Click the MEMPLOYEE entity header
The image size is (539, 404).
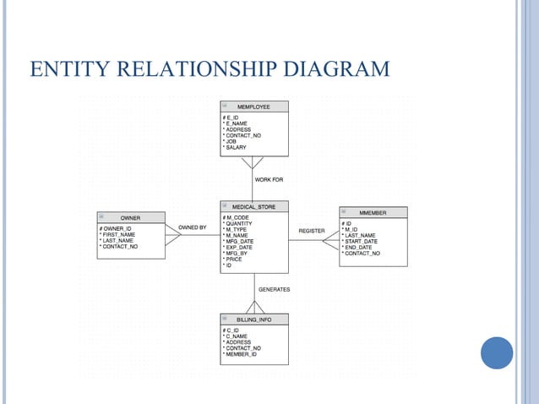254,106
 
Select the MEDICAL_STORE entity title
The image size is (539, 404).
254,206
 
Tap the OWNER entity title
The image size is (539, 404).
130,217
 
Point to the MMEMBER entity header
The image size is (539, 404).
373,213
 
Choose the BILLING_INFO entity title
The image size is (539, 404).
254,319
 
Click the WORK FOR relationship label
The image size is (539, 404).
269,179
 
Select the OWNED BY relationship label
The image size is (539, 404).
193,227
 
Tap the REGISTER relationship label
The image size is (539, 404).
312,231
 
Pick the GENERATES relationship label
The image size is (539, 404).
274,289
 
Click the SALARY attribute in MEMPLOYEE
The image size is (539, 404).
237,148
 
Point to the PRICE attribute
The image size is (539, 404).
234,259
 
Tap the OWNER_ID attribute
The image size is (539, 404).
116,228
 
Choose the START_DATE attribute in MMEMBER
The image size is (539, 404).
361,241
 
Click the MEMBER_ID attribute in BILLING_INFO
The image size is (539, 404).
243,354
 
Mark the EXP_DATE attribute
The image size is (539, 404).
239,247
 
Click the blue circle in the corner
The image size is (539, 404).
497,352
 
